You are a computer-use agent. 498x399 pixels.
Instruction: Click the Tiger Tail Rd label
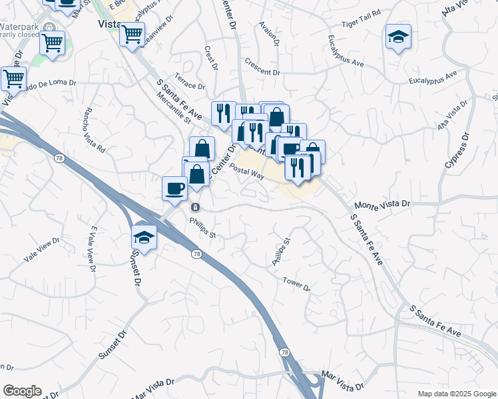pyautogui.click(x=361, y=31)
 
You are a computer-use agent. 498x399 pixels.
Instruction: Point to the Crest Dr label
pyautogui.click(x=211, y=58)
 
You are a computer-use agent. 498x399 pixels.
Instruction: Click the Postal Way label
pyautogui.click(x=247, y=171)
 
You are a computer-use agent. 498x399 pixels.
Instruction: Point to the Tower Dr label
pyautogui.click(x=296, y=284)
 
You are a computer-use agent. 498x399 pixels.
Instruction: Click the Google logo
pyautogui.click(x=22, y=391)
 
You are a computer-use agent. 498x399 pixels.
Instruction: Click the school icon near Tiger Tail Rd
pyautogui.click(x=398, y=36)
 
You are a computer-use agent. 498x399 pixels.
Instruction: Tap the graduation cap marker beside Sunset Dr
pyautogui.click(x=144, y=235)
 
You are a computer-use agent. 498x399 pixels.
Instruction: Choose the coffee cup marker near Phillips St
pyautogui.click(x=175, y=188)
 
